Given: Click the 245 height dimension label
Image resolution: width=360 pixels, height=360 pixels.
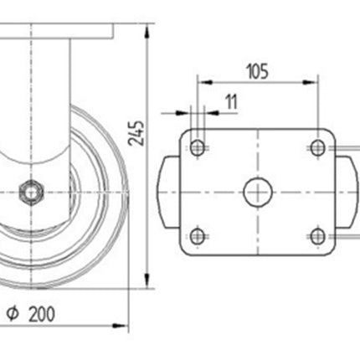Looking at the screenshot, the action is coord(136,133).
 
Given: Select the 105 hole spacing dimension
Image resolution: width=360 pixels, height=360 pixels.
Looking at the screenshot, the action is coord(258,71).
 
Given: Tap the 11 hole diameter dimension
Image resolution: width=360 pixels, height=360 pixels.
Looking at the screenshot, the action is coord(232,102).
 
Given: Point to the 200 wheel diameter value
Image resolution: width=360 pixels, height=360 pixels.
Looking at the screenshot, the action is coord(42,314).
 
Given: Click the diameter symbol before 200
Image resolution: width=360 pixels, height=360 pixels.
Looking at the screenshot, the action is coord(13,314).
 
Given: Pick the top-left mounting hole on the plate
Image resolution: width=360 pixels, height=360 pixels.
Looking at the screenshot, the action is coord(198,147).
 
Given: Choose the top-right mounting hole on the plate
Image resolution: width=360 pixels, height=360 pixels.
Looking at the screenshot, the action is coord(318,147).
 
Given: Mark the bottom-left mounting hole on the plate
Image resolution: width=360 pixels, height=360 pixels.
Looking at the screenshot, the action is coord(198,236).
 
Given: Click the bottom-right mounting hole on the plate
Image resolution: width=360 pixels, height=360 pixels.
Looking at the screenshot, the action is coord(318,236).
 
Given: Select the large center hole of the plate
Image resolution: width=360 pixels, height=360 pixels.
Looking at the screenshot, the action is coord(258,192).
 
